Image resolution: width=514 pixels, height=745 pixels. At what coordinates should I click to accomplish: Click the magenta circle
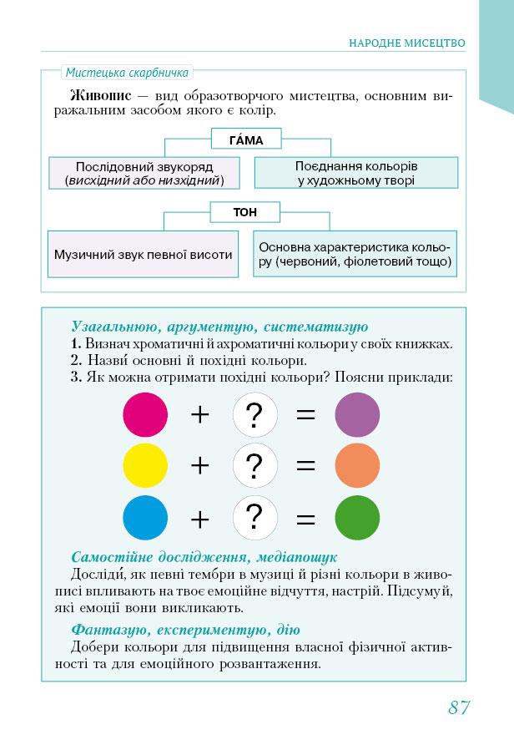click(x=145, y=414)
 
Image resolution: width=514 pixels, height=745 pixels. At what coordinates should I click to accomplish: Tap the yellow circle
click(x=145, y=466)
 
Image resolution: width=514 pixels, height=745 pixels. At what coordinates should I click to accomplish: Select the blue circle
click(x=145, y=518)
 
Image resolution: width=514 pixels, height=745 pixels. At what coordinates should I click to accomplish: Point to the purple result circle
click(x=357, y=414)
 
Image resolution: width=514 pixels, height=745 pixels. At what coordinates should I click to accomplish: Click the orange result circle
click(x=357, y=466)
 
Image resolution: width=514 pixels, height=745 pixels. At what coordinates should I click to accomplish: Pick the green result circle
click(x=357, y=518)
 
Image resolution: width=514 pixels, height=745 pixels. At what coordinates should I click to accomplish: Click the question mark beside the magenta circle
click(x=255, y=415)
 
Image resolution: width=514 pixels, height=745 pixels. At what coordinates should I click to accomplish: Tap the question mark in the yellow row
click(x=255, y=466)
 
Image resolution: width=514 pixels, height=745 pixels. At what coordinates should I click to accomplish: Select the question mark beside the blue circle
click(x=255, y=518)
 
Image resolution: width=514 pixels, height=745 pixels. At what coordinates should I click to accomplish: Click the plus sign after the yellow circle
click(x=199, y=466)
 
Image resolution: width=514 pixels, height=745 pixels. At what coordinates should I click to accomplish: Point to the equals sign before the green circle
click(x=306, y=519)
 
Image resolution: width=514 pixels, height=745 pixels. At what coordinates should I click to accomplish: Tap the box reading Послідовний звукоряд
click(x=144, y=173)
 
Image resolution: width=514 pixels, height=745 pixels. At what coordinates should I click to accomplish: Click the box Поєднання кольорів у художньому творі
click(x=356, y=173)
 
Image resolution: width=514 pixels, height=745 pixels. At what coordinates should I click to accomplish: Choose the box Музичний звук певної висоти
click(x=144, y=255)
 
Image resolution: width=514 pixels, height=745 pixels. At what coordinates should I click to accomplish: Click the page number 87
click(x=459, y=707)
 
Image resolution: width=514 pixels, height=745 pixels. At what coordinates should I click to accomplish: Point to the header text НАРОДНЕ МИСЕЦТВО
click(x=406, y=42)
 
